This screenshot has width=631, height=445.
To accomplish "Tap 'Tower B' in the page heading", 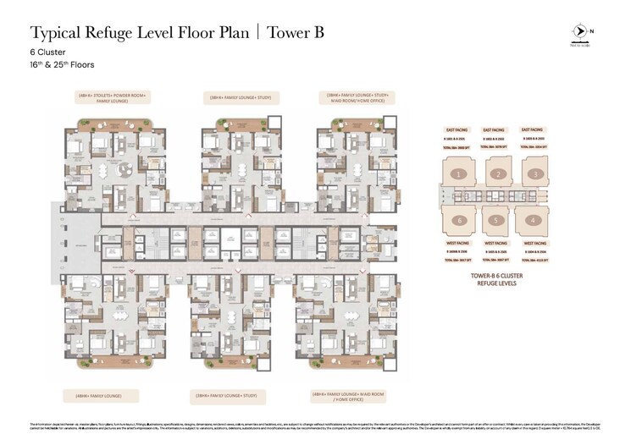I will tap(296, 33).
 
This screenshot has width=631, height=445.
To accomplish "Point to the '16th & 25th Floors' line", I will tap(62, 65).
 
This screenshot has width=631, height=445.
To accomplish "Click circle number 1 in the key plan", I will tap(457, 174).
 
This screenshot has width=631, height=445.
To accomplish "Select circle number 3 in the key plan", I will tap(535, 174).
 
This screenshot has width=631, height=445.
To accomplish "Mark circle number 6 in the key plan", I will tap(457, 221).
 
